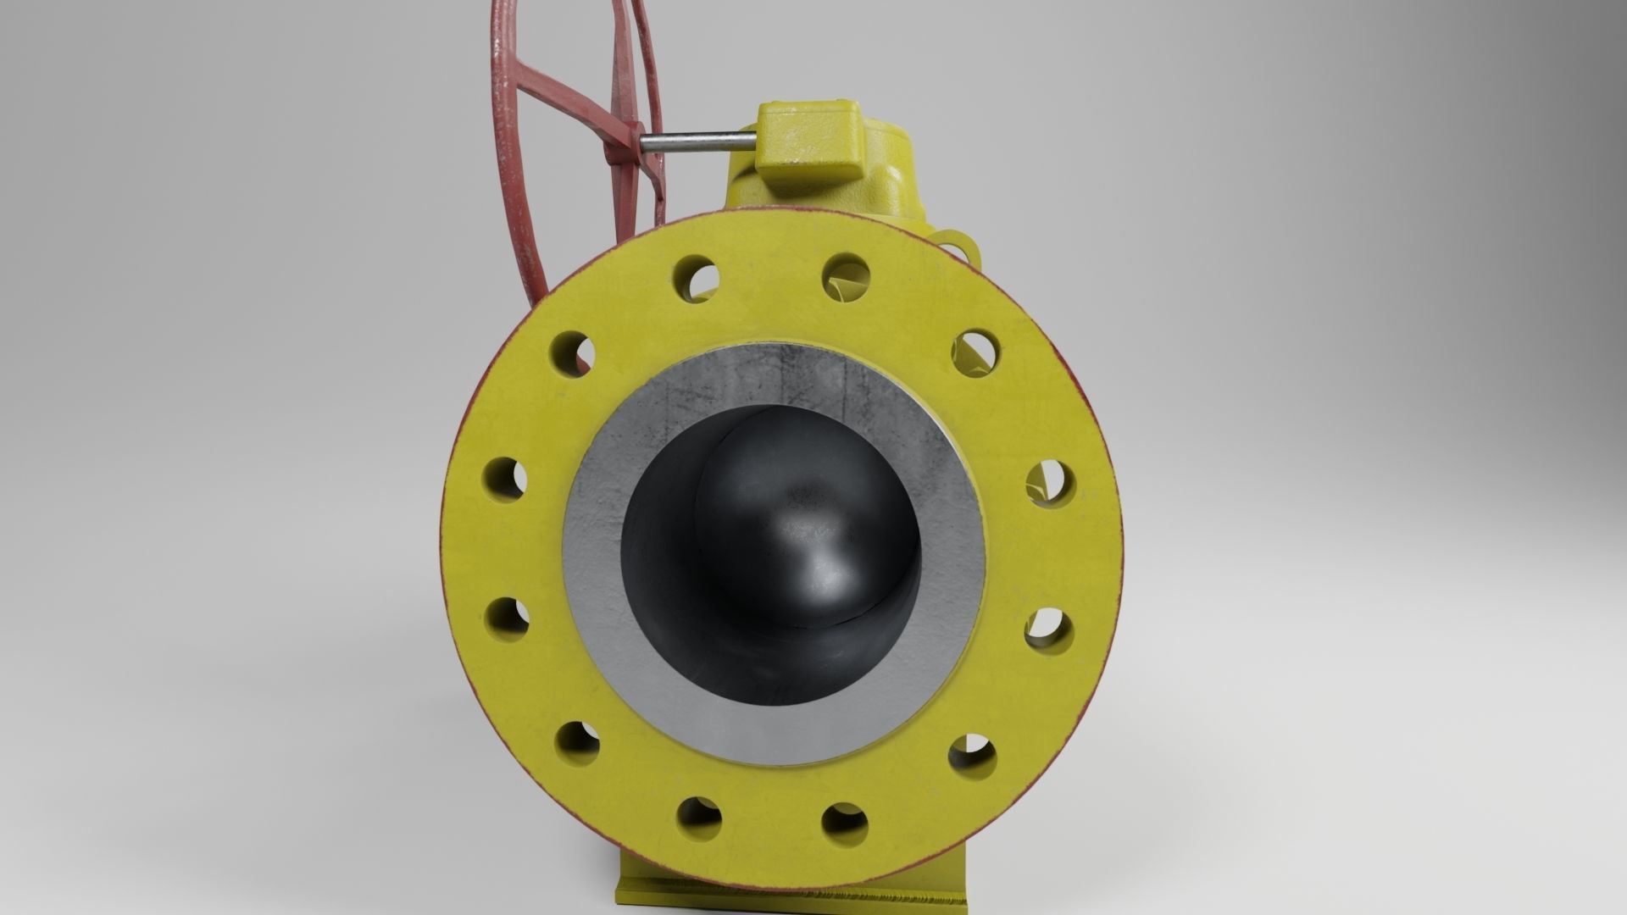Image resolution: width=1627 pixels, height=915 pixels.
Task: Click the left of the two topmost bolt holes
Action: pyautogui.click(x=698, y=276)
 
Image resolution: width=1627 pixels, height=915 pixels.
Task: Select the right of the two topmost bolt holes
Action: pyautogui.click(x=846, y=276)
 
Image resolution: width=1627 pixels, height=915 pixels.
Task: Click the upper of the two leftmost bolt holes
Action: pyautogui.click(x=506, y=478)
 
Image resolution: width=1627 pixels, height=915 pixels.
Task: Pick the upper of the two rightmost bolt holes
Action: pyautogui.click(x=1051, y=483)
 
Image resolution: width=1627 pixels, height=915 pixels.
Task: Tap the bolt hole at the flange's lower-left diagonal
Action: pyautogui.click(x=579, y=743)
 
